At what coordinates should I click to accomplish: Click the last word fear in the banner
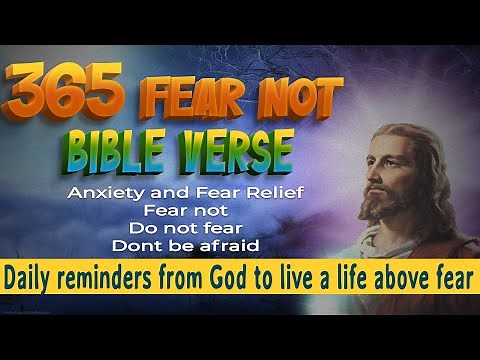tap(455, 275)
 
